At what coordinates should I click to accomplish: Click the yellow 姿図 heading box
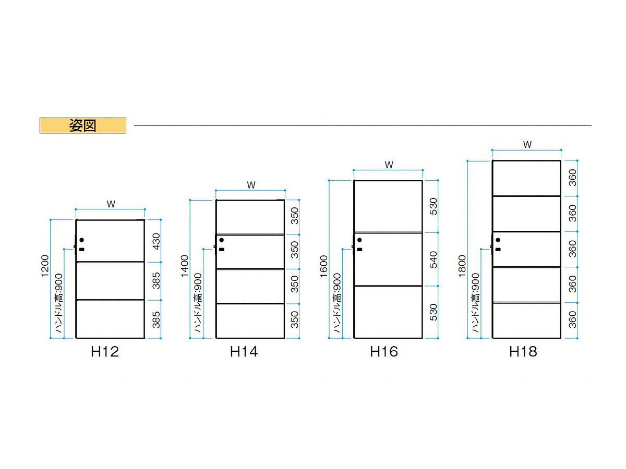tap(83, 125)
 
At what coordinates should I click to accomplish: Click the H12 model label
tap(105, 352)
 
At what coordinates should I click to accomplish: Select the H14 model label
tap(244, 352)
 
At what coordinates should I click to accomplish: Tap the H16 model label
tap(383, 352)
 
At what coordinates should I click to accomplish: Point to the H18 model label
tap(523, 352)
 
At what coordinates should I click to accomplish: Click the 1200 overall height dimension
tap(45, 266)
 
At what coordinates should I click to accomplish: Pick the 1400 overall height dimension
tap(185, 266)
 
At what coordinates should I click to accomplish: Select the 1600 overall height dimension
tap(324, 266)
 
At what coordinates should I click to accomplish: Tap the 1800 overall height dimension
tap(462, 266)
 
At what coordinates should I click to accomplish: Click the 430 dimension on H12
tap(156, 241)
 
